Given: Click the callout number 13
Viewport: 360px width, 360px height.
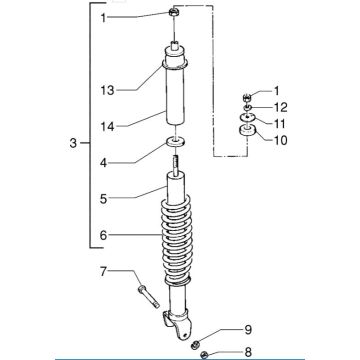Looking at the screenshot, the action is coord(108,90).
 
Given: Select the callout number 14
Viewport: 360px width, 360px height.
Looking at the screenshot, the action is coord(108,127).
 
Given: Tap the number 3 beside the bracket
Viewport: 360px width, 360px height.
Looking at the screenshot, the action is coord(73,144).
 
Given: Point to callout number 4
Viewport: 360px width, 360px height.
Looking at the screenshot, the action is coord(104,163).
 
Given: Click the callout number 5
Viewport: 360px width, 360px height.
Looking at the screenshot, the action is coord(104,199).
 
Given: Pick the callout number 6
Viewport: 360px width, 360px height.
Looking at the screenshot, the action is coord(104,235).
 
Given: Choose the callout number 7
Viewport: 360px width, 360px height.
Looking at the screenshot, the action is coord(104,272).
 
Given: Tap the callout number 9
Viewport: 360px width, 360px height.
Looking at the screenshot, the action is coord(248,330).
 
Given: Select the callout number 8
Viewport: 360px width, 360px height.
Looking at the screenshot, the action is coord(248,352).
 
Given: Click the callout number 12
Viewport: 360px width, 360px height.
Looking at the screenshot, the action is coord(280,107).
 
